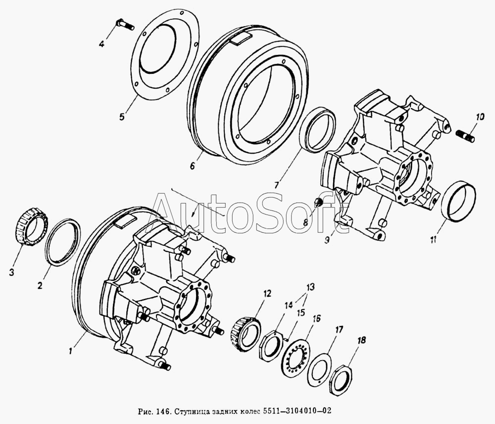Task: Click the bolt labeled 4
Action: (125, 24)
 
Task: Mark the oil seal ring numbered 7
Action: (317, 130)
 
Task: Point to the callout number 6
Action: (192, 165)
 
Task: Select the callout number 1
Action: (71, 350)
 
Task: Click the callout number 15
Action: (300, 313)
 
